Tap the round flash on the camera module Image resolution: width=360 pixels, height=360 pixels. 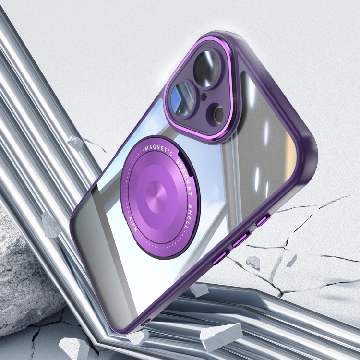click(x=216, y=115)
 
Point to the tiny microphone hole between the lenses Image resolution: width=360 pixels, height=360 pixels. click(x=203, y=97)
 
